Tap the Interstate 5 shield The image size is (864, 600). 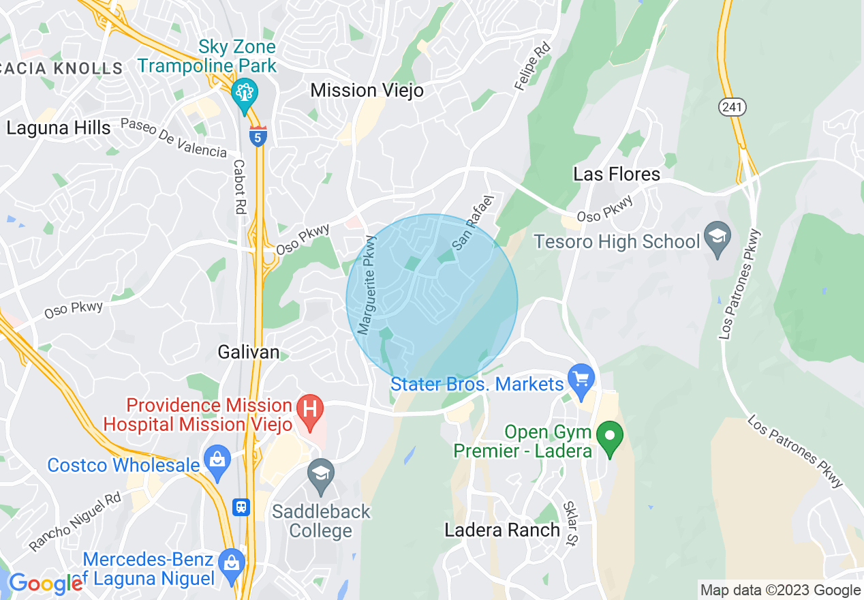click(x=258, y=136)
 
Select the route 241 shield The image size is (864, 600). click(x=732, y=106)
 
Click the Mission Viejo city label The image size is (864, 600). click(x=367, y=90)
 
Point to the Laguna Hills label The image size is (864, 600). click(x=58, y=128)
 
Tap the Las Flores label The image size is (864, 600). click(x=617, y=174)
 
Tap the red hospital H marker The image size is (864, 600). click(x=310, y=412)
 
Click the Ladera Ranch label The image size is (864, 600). click(x=502, y=530)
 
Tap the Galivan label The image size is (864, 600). click(x=249, y=352)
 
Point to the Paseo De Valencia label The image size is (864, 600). click(x=173, y=137)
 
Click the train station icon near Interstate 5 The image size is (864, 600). click(x=241, y=507)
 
